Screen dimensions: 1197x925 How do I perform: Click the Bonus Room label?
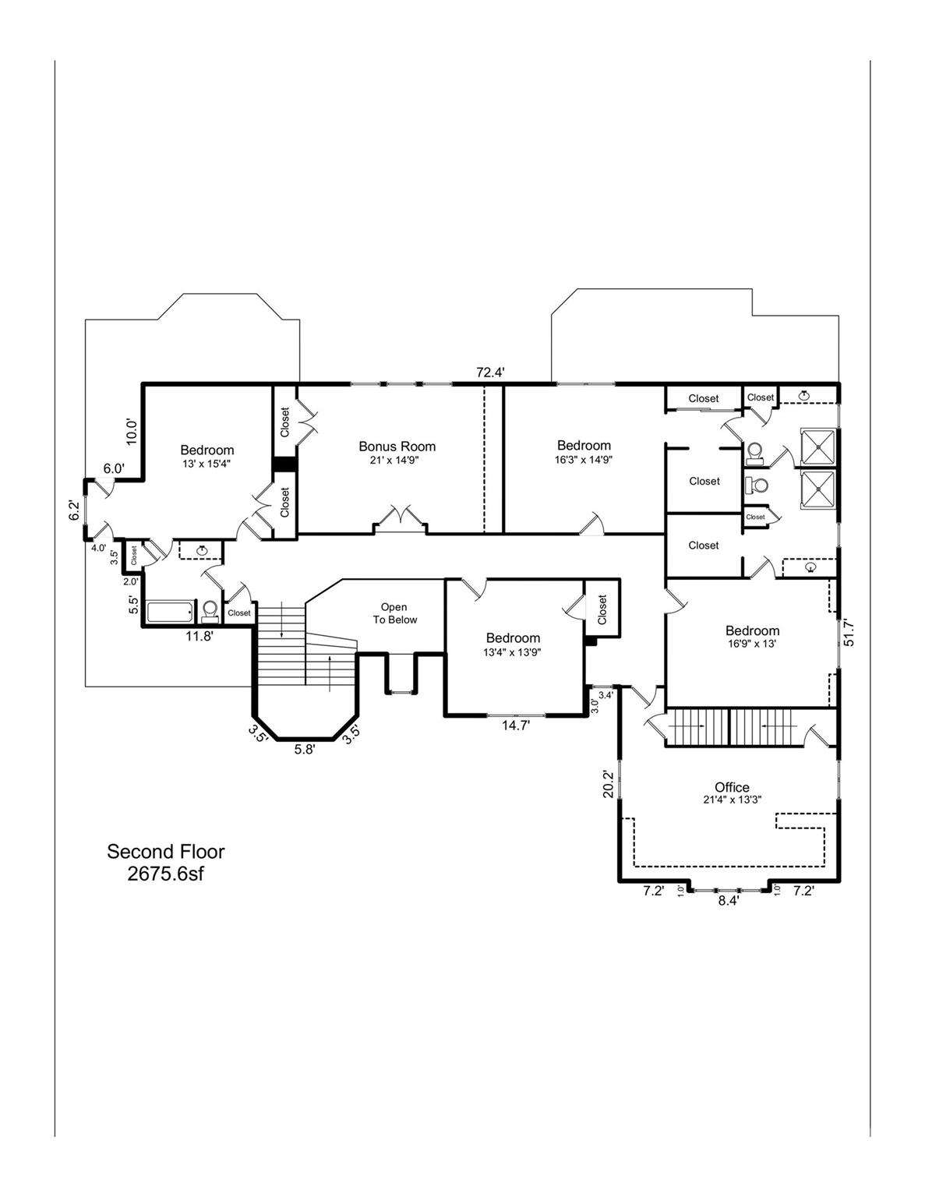tap(397, 447)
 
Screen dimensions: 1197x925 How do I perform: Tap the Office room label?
tap(732, 787)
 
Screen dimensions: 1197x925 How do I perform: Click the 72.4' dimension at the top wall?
tap(491, 373)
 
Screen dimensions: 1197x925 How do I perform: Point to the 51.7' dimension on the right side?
tap(849, 632)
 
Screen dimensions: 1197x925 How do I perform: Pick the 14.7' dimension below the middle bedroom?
tap(515, 726)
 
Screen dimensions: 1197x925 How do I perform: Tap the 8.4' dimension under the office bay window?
tap(728, 900)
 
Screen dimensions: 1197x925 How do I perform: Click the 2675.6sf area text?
tap(165, 874)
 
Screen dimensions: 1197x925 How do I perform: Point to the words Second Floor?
tap(165, 852)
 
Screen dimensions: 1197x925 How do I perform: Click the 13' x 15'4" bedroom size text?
tap(207, 463)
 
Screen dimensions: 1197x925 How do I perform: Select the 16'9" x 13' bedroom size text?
tap(751, 644)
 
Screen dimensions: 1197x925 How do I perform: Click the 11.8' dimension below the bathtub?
tap(198, 636)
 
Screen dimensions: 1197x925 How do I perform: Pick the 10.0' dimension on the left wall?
tap(132, 433)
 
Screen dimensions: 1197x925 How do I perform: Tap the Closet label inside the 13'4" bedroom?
tap(602, 609)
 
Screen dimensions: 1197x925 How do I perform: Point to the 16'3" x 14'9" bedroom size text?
tap(584, 460)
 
